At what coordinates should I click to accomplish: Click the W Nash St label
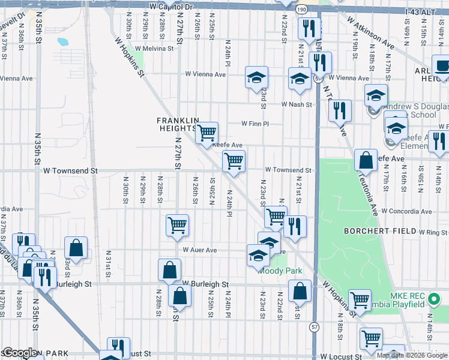click(297, 104)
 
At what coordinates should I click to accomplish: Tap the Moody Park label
click(280, 271)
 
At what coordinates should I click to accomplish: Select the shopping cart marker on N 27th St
click(178, 225)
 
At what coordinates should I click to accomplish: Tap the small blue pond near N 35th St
click(62, 42)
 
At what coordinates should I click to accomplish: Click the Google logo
click(20, 353)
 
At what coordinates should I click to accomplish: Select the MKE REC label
click(406, 295)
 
